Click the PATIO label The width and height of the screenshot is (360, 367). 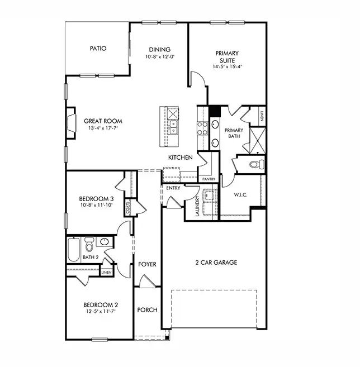(x=98, y=49)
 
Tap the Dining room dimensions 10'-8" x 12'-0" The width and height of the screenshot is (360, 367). (x=159, y=57)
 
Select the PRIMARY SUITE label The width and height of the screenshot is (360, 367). (x=227, y=57)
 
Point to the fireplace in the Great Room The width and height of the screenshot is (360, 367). (x=71, y=122)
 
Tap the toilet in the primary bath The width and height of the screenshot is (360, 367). (x=256, y=164)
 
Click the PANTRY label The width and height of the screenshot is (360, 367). (x=209, y=179)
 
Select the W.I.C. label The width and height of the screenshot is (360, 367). (x=241, y=195)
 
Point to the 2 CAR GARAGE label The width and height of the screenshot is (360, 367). (x=216, y=262)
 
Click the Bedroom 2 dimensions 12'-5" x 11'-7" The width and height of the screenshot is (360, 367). (x=101, y=312)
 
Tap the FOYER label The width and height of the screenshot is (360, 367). (x=147, y=264)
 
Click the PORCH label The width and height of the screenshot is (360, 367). (x=147, y=310)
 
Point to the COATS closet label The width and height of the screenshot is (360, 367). (x=128, y=208)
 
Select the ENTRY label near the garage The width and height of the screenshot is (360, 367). (x=173, y=188)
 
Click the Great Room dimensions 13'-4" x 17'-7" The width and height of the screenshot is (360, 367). (x=103, y=128)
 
